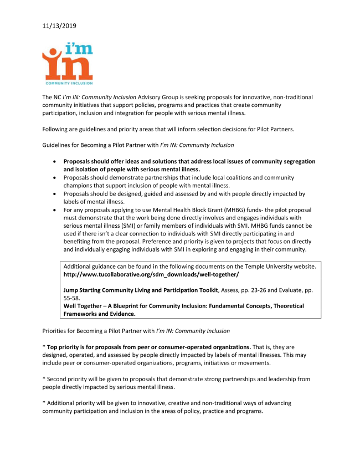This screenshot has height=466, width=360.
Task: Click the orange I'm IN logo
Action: [66, 64]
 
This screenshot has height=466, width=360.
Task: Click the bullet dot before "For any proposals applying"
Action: [54, 210]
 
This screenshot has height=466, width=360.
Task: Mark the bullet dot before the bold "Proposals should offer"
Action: [54, 162]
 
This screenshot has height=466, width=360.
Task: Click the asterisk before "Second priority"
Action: [44, 379]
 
